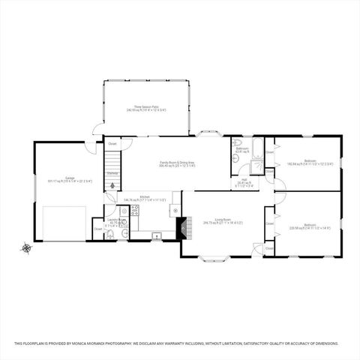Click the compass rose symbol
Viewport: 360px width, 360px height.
pos(26,247)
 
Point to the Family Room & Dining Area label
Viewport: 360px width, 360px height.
pos(177,163)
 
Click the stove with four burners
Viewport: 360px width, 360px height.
pos(136,211)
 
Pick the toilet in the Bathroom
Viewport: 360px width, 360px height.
pos(238,142)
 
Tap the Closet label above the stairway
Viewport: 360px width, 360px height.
pos(112,143)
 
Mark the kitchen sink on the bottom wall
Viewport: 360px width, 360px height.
pos(157,235)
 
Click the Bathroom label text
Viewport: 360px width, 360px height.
pos(242,148)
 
